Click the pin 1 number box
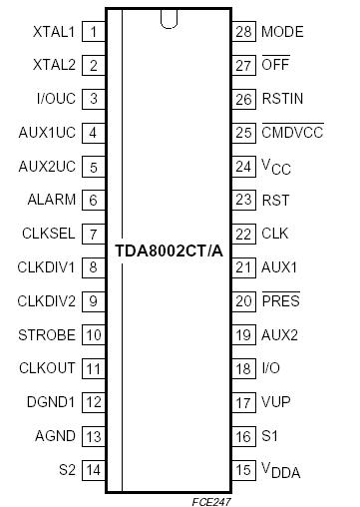(x=94, y=32)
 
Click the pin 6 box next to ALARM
(x=94, y=200)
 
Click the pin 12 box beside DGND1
(x=94, y=401)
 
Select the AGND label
(x=55, y=435)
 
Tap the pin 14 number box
(x=94, y=468)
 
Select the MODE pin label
(x=282, y=32)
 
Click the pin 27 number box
(x=243, y=65)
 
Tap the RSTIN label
(x=283, y=99)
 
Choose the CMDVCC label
(x=293, y=132)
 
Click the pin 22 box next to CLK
(x=243, y=233)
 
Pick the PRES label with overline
(x=280, y=300)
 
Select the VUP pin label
(x=276, y=401)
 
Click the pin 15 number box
(x=243, y=468)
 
